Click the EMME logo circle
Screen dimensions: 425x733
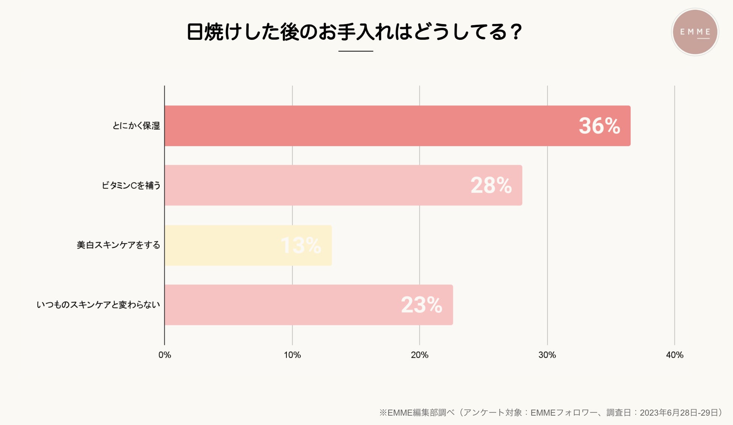695,32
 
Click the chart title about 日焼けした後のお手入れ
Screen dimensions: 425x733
354,32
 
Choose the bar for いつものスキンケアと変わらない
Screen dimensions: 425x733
282,305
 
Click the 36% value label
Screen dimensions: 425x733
599,126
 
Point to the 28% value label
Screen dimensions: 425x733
491,185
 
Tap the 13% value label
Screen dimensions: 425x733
301,245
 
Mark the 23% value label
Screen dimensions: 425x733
421,305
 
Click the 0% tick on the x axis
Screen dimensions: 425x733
165,355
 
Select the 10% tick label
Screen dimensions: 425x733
292,355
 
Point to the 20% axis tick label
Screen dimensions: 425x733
420,355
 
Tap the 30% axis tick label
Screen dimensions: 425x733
547,355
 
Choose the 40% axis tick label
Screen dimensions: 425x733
674,355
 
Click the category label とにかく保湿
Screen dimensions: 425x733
136,126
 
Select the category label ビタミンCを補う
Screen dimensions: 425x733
131,185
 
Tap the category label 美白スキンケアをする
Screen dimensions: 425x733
118,245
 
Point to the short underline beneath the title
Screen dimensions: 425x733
356,51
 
